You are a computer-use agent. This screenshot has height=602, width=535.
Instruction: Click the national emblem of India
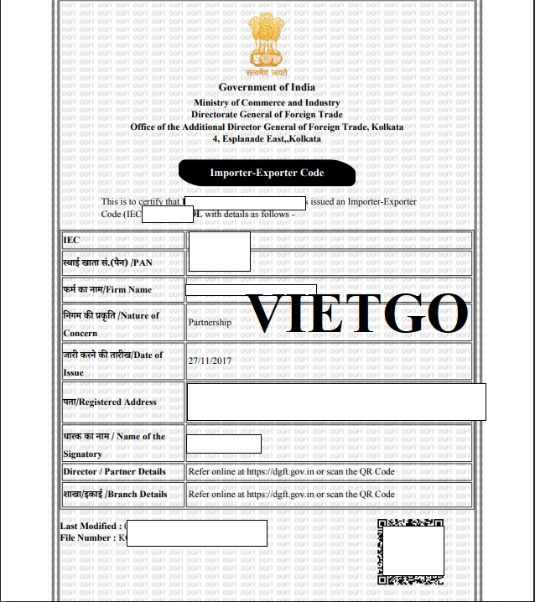point(266,44)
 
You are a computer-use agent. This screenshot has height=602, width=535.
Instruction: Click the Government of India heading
point(267,87)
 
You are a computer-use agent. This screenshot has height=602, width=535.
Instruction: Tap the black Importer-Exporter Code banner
point(267,173)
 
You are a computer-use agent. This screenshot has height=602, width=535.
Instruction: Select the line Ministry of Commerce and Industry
point(267,102)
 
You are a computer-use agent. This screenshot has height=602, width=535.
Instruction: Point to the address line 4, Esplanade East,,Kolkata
point(267,138)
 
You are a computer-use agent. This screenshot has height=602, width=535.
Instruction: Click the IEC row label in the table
point(72,240)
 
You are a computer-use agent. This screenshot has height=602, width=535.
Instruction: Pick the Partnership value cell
point(210,321)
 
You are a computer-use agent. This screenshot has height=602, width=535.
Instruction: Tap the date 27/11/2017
point(210,360)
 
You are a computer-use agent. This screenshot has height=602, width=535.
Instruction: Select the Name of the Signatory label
point(114,444)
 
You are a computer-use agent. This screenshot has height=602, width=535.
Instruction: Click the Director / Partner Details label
point(114,471)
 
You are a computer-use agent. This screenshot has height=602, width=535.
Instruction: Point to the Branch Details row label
point(115,494)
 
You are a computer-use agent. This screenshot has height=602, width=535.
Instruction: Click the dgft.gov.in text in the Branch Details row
point(293,494)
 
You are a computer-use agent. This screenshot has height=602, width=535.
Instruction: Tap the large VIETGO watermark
point(359,314)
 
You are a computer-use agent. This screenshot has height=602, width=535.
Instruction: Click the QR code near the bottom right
point(410,551)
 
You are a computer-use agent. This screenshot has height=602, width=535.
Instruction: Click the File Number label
point(88,537)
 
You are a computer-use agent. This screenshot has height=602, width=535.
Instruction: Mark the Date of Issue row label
point(112,363)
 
